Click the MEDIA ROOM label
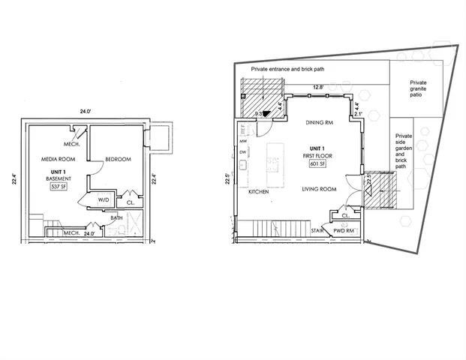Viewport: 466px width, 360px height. [58, 159]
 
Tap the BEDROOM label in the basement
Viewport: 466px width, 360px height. [118, 159]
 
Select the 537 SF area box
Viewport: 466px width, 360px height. [59, 187]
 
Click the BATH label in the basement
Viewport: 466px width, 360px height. [116, 218]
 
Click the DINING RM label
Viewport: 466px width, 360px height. [319, 122]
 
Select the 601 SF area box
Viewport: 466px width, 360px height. [315, 164]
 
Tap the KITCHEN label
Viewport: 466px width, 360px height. [258, 193]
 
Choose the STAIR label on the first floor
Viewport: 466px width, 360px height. [317, 232]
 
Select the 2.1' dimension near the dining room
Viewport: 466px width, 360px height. [358, 114]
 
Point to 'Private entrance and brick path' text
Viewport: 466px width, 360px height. [287, 68]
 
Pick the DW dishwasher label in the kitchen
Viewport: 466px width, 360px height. [243, 152]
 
